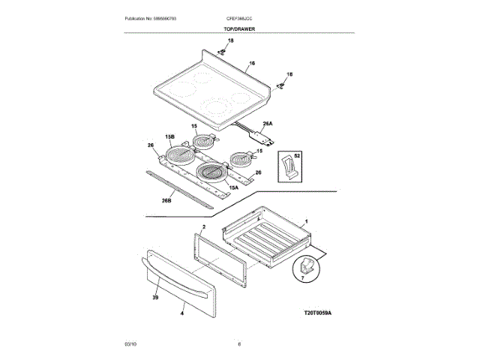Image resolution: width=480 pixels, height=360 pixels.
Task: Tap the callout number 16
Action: [x=252, y=64]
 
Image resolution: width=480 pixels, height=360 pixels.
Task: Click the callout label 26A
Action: [x=267, y=124]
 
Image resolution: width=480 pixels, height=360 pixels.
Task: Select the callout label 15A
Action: [x=233, y=187]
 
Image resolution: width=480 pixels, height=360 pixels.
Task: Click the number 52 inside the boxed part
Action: [x=297, y=155]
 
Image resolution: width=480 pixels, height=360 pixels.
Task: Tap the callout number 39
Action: [x=155, y=297]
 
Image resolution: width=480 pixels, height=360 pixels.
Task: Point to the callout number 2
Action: [x=203, y=226]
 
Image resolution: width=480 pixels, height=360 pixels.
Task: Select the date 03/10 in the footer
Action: [x=130, y=343]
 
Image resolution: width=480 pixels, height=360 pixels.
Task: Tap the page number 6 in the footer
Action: [x=238, y=343]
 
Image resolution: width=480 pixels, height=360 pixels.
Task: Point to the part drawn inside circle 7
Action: [x=307, y=265]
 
